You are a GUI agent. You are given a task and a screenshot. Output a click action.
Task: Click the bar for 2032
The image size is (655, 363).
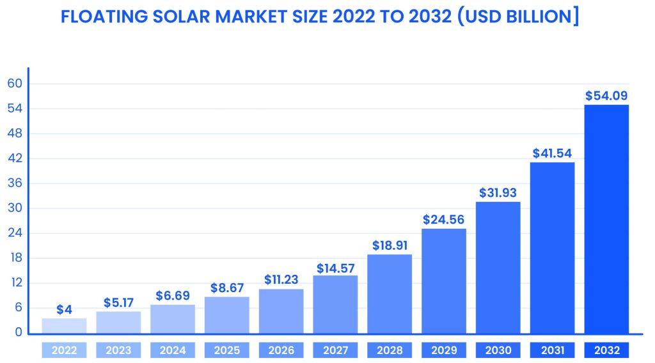[606, 219]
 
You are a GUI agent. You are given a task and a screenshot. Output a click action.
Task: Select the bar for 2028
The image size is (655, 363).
[390, 293]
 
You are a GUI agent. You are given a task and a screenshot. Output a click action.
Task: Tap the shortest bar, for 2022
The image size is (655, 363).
[64, 325]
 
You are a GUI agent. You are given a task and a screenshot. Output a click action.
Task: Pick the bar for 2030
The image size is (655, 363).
[498, 267]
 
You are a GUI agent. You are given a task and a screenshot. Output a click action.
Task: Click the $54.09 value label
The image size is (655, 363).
[606, 96]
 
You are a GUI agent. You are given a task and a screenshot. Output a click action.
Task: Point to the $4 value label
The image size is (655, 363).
[64, 310]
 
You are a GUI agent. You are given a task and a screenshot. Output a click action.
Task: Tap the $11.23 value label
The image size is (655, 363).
[281, 280]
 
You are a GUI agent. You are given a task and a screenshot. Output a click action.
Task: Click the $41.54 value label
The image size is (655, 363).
[552, 153]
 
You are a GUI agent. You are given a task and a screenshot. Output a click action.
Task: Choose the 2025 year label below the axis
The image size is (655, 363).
[226, 350]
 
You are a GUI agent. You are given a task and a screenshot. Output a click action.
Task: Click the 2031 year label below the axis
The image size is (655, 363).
[552, 350]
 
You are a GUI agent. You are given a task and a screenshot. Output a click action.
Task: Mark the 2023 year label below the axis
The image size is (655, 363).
[118, 350]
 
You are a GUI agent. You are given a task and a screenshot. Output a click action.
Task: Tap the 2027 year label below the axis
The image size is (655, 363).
[335, 350]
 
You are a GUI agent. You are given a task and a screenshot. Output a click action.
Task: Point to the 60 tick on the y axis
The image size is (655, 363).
[15, 84]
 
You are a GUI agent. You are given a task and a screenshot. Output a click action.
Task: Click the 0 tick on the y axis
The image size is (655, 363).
[19, 332]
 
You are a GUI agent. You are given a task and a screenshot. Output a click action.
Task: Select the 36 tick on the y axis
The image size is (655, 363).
[15, 183]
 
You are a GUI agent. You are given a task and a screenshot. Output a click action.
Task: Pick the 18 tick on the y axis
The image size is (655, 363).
[15, 258]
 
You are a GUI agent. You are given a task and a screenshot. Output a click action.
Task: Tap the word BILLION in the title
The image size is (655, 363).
[539, 17]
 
